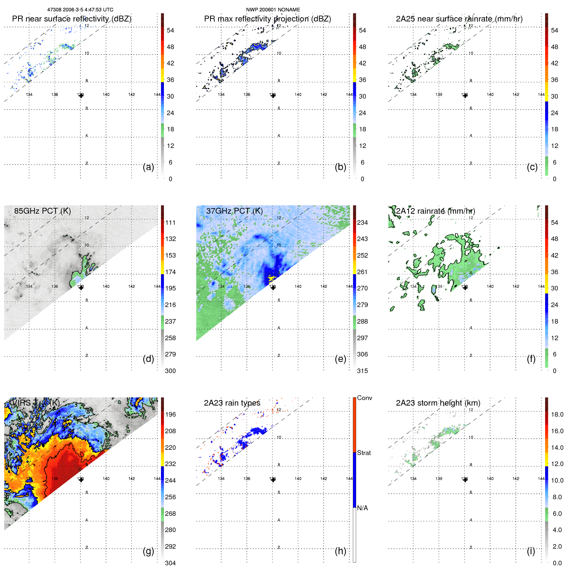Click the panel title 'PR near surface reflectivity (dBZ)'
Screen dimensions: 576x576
(x=72, y=19)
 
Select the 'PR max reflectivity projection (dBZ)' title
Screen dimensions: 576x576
(x=267, y=19)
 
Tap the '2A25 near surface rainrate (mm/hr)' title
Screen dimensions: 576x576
(x=459, y=19)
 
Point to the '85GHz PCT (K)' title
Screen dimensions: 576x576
(x=42, y=211)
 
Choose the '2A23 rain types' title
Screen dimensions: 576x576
(x=232, y=403)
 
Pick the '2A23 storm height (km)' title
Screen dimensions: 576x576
(x=438, y=403)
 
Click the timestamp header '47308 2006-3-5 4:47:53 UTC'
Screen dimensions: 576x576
(x=80, y=10)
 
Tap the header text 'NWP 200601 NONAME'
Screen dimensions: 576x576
(x=273, y=10)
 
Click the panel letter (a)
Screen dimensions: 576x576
(x=148, y=167)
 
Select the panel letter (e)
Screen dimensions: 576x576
(x=340, y=359)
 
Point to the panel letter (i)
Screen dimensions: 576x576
(x=531, y=551)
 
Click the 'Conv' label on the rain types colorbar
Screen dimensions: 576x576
(x=364, y=398)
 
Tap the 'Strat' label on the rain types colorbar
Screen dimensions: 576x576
(x=364, y=453)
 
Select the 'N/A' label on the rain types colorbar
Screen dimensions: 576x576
(x=362, y=508)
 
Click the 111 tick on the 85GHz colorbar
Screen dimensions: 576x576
(x=170, y=222)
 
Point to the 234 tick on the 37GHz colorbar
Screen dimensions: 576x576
(x=362, y=222)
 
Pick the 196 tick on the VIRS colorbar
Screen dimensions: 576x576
(x=170, y=414)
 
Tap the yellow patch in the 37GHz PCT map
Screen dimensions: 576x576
(x=271, y=279)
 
